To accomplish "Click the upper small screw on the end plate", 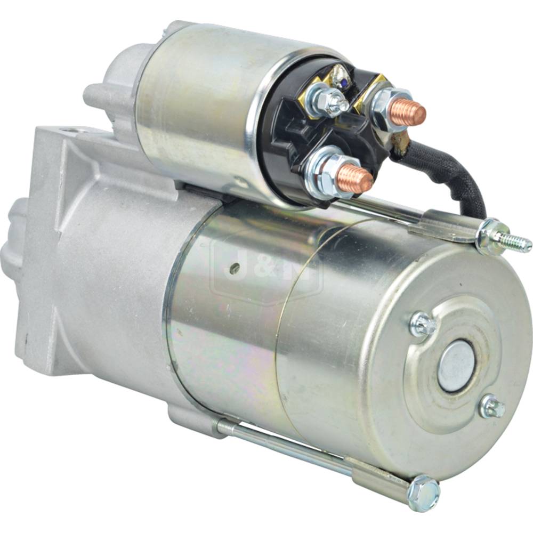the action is [x=423, y=325].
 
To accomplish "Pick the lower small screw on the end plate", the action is [x=492, y=406].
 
